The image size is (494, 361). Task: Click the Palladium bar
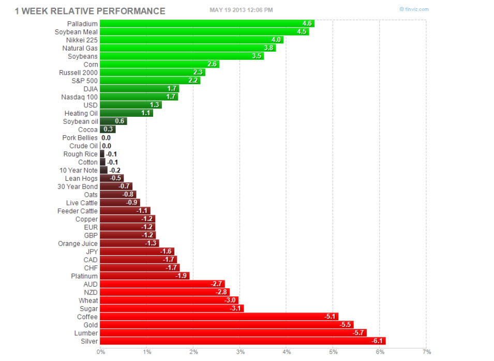click(x=207, y=23)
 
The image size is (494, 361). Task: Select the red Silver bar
click(x=243, y=341)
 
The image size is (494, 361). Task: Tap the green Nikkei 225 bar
click(x=191, y=40)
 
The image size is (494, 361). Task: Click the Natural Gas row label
click(x=80, y=48)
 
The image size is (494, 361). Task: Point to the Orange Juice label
click(x=78, y=243)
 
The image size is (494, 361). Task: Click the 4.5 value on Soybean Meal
click(x=302, y=32)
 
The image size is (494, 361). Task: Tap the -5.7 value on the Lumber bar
click(x=359, y=333)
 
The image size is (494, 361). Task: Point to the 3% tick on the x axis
click(x=240, y=352)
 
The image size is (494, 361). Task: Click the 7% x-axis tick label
click(x=426, y=352)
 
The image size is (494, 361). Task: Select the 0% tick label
click(x=100, y=352)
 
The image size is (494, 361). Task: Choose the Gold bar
click(x=227, y=325)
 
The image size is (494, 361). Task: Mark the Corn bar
click(x=159, y=65)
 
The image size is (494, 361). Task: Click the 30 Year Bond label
click(x=78, y=186)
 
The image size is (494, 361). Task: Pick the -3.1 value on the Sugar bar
click(x=235, y=308)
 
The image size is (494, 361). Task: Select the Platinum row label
click(x=84, y=276)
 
